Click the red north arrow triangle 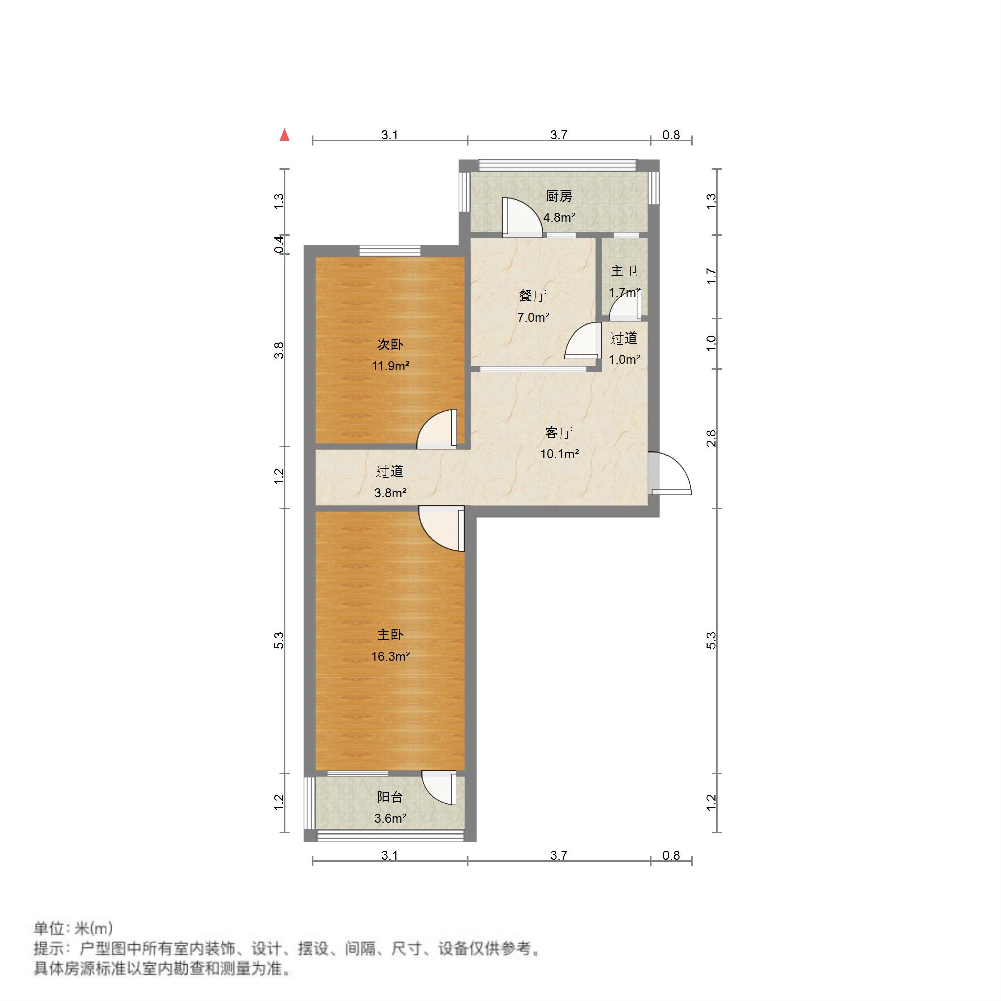284,136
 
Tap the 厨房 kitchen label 559,197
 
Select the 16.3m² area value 390,656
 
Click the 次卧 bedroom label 390,344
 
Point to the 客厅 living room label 559,432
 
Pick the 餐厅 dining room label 533,296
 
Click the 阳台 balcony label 390,797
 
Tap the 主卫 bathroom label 624,270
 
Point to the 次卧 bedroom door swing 437,428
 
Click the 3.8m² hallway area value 390,493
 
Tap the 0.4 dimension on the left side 279,244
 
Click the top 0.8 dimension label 671,135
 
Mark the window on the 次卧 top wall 390,250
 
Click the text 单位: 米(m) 73,928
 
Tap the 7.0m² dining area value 533,317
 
